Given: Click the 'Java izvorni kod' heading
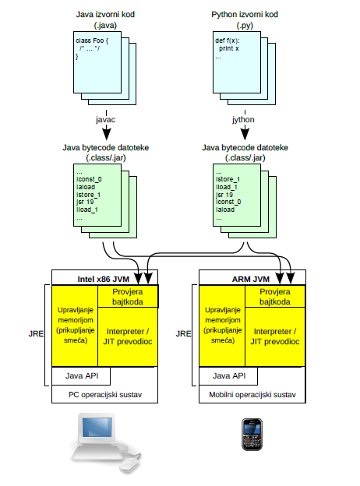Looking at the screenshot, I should tap(101, 14).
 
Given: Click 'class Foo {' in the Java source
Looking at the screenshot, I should tap(91, 40).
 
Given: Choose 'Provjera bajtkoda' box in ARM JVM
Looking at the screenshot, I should tap(277, 296).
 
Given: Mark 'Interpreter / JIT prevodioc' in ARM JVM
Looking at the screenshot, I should tap(277, 336).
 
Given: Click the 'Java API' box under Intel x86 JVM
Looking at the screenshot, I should tap(76, 375).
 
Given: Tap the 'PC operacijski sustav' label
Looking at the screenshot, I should tap(104, 395).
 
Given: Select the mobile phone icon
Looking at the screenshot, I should tap(251, 435).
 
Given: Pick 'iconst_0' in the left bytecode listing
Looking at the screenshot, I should tap(88, 178).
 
